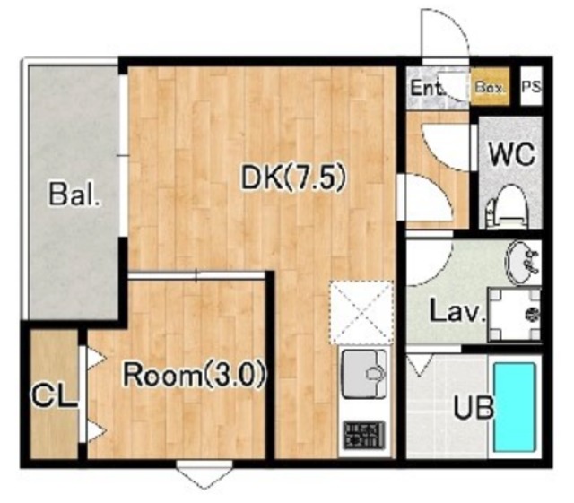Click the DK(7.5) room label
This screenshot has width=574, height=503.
point(293,178)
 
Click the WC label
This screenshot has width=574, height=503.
point(512,154)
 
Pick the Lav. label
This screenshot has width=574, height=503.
point(457,311)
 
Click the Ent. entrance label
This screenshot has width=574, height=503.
point(427,88)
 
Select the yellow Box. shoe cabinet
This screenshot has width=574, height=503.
point(490,86)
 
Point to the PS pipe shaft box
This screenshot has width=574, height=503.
point(531,86)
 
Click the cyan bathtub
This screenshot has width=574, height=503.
point(514,407)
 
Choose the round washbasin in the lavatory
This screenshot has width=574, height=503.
point(521,262)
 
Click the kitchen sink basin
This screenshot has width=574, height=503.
point(364,374)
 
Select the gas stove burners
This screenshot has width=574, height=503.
point(363,435)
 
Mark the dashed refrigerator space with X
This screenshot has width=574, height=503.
point(361,312)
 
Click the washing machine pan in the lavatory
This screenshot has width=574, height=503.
point(514,315)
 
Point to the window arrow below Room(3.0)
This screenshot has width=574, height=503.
point(204,474)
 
